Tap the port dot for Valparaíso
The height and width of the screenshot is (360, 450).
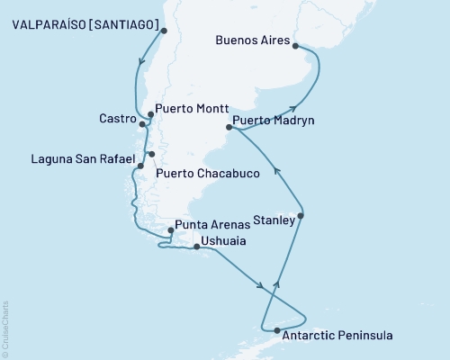click(x=164, y=31)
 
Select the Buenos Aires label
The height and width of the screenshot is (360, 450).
click(x=256, y=40)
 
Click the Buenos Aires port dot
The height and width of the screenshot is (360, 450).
click(x=298, y=50)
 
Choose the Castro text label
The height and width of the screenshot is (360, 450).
click(x=119, y=119)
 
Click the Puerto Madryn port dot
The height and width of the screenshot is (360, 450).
click(x=229, y=128)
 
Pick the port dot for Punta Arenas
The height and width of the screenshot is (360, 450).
click(x=171, y=229)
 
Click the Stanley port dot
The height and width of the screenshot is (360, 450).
click(x=301, y=216)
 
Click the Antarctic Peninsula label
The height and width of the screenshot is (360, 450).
click(x=337, y=337)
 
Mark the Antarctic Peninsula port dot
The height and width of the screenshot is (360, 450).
click(x=276, y=331)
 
